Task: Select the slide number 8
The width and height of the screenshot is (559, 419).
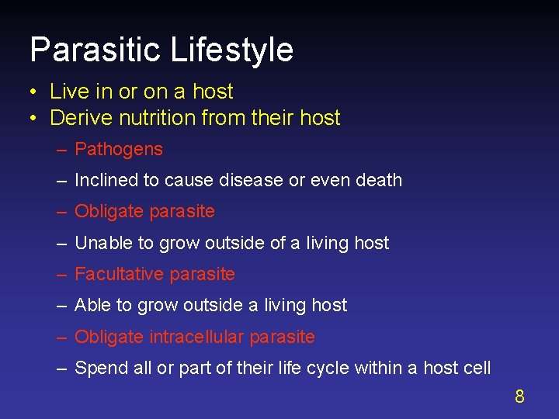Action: (519, 397)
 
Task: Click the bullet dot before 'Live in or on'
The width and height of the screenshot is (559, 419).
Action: (35, 92)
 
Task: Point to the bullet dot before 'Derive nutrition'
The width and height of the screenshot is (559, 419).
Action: (35, 119)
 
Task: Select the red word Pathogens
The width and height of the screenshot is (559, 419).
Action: (119, 149)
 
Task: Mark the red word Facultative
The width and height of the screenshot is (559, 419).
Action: (119, 274)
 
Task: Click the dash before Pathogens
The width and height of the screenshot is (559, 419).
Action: (61, 150)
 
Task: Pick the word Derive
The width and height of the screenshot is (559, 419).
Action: (74, 118)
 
